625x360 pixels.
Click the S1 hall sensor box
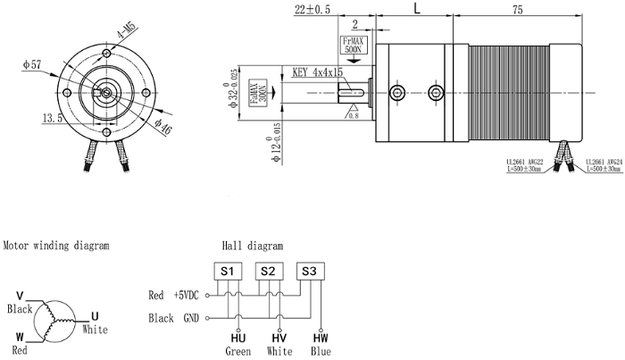pyautogui.click(x=226, y=271)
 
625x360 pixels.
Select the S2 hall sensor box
pyautogui.click(x=267, y=271)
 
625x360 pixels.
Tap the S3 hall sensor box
pyautogui.click(x=309, y=271)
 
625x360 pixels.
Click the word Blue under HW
pyautogui.click(x=320, y=351)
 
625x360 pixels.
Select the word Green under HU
pyautogui.click(x=237, y=351)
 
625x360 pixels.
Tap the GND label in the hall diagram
pyautogui.click(x=189, y=317)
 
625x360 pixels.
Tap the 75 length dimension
pyautogui.click(x=516, y=10)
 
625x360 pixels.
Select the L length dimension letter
pyautogui.click(x=418, y=9)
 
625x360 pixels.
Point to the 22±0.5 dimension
pyautogui.click(x=312, y=10)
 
